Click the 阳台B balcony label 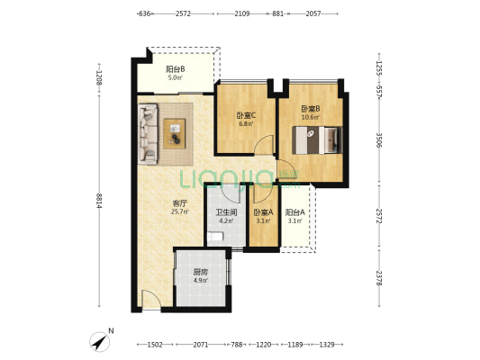(x=175, y=69)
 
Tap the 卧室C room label (x=246, y=115)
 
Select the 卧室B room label (x=311, y=109)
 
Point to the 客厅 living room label (x=180, y=203)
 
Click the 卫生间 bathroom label (x=226, y=212)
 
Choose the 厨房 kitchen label (x=201, y=272)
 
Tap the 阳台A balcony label (x=295, y=212)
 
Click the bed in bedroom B (x=317, y=140)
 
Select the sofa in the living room (x=148, y=134)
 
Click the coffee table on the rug (x=174, y=134)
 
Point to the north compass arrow (x=99, y=342)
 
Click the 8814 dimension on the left (x=98, y=201)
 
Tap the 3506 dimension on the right (x=379, y=140)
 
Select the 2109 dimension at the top (x=242, y=13)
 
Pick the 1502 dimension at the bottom (x=155, y=345)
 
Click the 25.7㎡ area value (x=180, y=211)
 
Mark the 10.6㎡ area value (x=311, y=117)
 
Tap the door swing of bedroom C (x=264, y=145)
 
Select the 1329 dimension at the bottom (x=327, y=345)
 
